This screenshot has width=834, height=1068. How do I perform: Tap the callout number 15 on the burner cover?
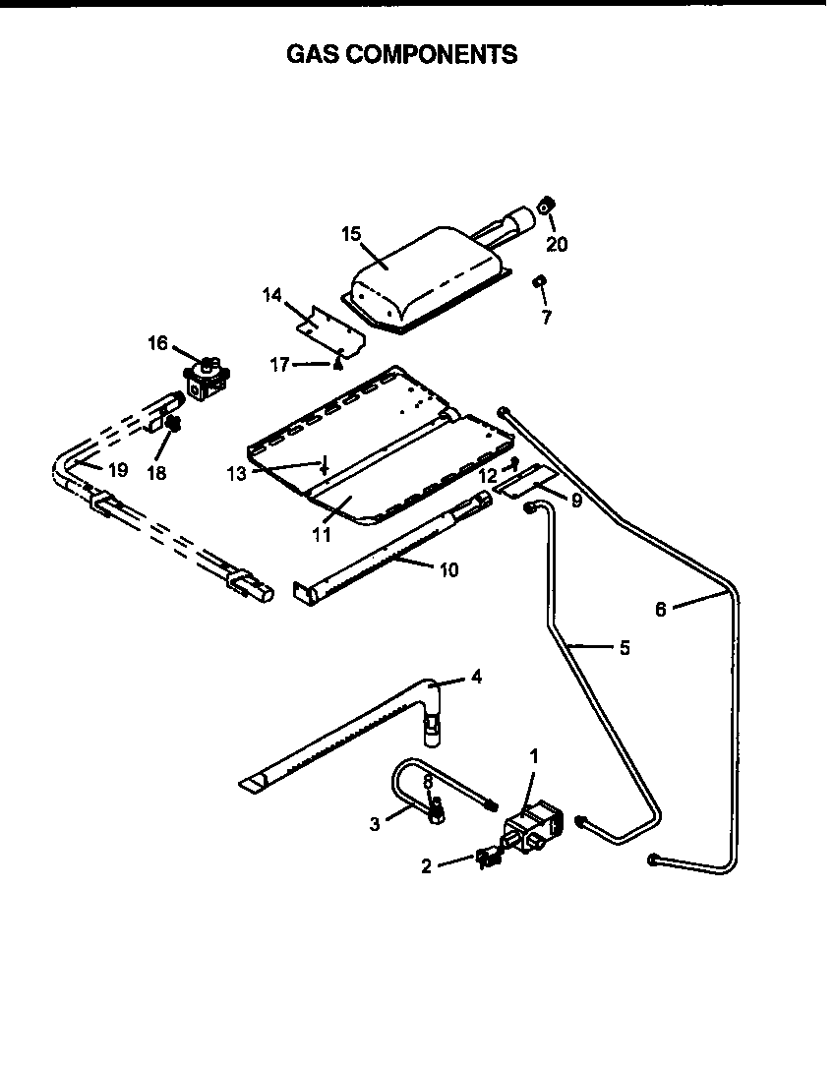click(x=352, y=234)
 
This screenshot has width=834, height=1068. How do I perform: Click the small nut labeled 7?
click(x=539, y=283)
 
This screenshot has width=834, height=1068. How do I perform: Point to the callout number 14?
click(x=272, y=294)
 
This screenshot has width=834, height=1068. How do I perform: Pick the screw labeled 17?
click(x=337, y=366)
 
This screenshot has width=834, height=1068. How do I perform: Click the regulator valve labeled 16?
click(x=205, y=375)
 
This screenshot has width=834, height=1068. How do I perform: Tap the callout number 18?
click(x=155, y=472)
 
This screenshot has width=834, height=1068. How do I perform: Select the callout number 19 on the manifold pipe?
click(x=117, y=470)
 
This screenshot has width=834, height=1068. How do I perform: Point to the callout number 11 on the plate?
click(x=321, y=535)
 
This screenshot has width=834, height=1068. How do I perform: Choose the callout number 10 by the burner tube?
click(x=448, y=569)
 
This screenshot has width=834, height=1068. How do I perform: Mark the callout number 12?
click(x=488, y=475)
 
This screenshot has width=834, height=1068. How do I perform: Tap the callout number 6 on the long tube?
click(x=661, y=610)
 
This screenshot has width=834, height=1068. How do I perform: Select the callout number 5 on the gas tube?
click(x=625, y=648)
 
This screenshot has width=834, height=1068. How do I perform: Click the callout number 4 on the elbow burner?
click(x=476, y=677)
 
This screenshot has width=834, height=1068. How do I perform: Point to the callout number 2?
click(x=426, y=866)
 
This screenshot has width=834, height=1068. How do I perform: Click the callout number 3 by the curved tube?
click(x=375, y=824)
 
